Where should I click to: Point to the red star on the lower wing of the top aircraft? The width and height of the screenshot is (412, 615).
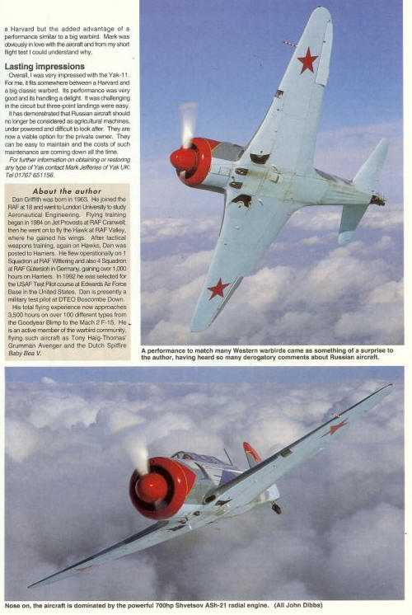[218, 288]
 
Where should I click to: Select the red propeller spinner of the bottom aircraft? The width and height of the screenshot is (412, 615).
[151, 488]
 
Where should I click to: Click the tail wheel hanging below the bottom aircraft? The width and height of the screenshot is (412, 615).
[276, 508]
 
